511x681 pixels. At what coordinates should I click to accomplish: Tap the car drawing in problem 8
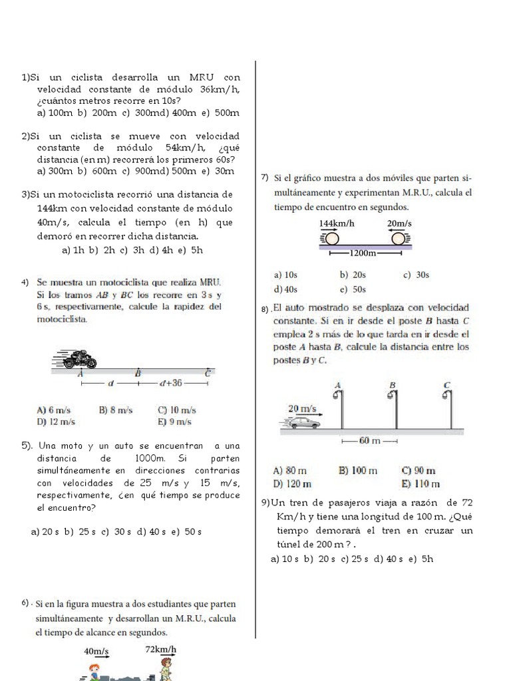pos(303,422)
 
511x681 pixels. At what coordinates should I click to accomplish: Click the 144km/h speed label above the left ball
pos(336,223)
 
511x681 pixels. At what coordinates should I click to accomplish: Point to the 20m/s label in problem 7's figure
pos(399,223)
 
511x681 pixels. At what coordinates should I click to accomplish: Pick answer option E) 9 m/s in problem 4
pos(175,422)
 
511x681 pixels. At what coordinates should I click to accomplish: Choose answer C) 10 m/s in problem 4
pos(176,410)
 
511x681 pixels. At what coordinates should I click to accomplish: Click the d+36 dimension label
pos(170,383)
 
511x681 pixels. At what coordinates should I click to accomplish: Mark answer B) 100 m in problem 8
pos(358,471)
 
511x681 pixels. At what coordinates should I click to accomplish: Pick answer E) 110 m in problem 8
pos(421,484)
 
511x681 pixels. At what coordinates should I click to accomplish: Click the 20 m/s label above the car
pos(302,408)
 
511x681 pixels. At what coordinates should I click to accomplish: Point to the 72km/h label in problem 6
pos(160,649)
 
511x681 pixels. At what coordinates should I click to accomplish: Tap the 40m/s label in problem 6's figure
pos(96,651)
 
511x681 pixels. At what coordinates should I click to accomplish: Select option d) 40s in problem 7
pos(286,289)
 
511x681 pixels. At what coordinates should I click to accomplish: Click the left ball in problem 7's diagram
pos(331,237)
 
